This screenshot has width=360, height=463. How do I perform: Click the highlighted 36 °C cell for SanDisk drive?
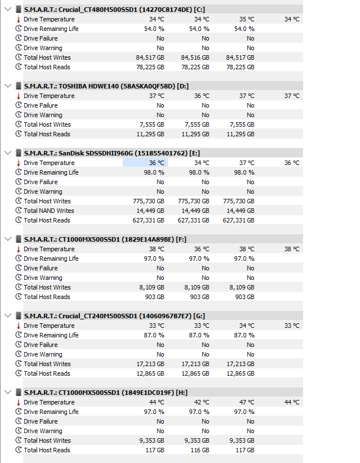point(145,163)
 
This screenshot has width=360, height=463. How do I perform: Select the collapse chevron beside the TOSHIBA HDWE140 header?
point(8,86)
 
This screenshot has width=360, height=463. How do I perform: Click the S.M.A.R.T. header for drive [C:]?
point(114,10)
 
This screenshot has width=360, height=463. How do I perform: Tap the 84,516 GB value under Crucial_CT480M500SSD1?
point(195,57)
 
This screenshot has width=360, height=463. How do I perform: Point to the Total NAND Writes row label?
point(48,211)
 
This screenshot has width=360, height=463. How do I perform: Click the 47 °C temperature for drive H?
point(247,402)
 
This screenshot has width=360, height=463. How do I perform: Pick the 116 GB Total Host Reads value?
point(199,450)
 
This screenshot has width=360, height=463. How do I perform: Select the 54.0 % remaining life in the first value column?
point(154,29)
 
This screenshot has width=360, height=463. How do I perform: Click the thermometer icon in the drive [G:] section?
point(19,326)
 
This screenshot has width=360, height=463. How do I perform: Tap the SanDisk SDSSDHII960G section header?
point(112,153)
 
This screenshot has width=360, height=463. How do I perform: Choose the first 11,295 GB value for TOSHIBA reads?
point(150,134)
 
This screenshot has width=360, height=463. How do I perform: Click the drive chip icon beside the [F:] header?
point(19,239)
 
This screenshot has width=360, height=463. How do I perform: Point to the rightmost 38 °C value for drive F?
point(292,249)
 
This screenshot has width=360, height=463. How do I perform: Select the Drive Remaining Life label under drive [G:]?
point(51,335)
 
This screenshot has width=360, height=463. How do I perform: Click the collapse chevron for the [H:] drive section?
point(8,393)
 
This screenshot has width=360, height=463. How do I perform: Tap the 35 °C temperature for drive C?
point(247,19)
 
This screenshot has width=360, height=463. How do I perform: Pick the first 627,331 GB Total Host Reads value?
point(148,220)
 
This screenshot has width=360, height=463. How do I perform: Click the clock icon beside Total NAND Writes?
point(19,211)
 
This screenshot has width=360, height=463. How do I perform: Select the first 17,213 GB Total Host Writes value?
point(150,364)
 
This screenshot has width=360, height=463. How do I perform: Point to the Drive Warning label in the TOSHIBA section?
point(43,115)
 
